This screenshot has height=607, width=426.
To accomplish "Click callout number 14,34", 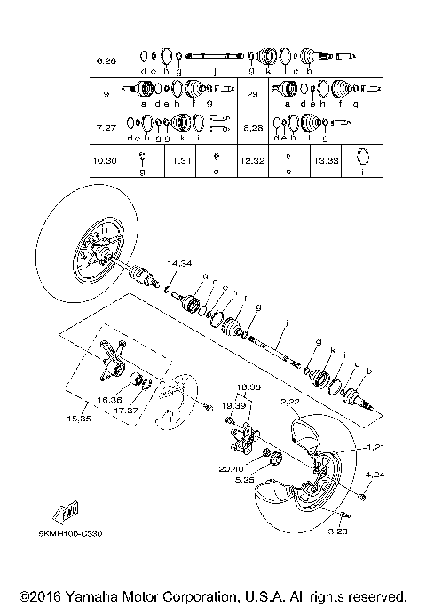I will [180, 264].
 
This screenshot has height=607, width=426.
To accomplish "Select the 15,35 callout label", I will [78, 418].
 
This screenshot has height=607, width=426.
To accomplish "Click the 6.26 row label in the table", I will [106, 61].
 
